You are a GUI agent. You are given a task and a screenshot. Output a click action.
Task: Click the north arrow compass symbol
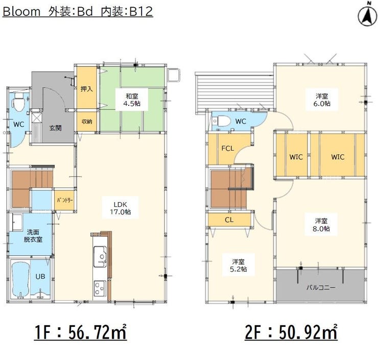(x=367, y=15)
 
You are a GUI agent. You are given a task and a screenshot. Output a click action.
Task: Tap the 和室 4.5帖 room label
(x=132, y=100)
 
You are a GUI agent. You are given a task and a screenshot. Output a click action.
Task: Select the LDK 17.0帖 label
(x=120, y=208)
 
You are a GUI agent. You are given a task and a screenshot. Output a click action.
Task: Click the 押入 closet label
(x=86, y=89)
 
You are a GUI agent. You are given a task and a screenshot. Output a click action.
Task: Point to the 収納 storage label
(x=87, y=122)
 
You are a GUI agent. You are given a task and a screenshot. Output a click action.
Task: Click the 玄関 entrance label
(x=56, y=128)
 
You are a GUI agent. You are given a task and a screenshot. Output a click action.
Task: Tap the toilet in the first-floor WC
(x=18, y=103)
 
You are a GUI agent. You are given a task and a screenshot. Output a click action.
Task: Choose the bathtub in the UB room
(x=20, y=279)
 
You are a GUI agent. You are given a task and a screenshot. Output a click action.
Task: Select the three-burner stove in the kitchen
(x=100, y=289)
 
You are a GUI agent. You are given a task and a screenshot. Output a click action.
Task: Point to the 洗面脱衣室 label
(x=33, y=236)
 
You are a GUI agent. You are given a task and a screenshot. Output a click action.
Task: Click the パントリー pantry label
(x=65, y=200)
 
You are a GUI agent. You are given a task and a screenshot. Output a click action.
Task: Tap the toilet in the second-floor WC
(x=221, y=121)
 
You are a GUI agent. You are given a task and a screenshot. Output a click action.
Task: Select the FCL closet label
(x=228, y=148)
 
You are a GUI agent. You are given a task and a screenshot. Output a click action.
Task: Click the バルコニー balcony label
(x=321, y=287)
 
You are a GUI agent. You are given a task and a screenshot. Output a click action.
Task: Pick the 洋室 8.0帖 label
(x=321, y=225)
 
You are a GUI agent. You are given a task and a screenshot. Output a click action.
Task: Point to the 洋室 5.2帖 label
(x=238, y=266)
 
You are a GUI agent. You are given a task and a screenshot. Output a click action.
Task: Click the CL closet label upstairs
(x=229, y=220)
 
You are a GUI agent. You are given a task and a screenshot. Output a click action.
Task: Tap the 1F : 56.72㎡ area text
(x=80, y=332)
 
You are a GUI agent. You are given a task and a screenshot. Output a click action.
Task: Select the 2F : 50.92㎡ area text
(x=291, y=332)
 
